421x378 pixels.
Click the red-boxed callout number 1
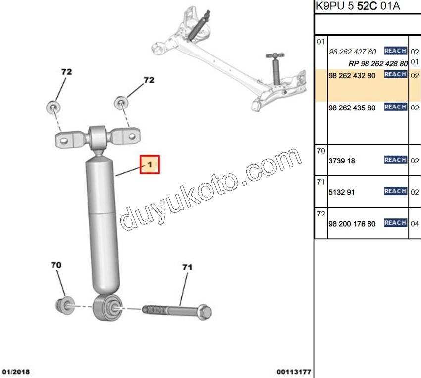[150, 164]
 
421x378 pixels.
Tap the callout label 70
[56, 265]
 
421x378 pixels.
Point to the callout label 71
[187, 267]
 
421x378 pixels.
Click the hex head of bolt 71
[205, 312]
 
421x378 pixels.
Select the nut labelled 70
[65, 306]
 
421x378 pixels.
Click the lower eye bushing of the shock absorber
[108, 307]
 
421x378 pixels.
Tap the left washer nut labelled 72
[53, 107]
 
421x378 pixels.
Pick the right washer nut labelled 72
[121, 102]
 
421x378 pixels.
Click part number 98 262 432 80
[352, 76]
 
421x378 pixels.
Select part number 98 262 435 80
[352, 108]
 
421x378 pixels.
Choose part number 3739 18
[342, 161]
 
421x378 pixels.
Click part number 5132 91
[342, 192]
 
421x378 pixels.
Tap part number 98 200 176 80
[352, 224]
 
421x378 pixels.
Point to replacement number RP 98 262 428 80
[378, 63]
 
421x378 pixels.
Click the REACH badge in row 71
[396, 191]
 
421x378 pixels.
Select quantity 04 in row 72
[415, 224]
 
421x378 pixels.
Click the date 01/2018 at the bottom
[16, 372]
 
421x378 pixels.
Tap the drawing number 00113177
[294, 372]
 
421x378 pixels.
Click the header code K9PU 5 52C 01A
[358, 6]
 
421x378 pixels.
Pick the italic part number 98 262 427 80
[353, 52]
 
